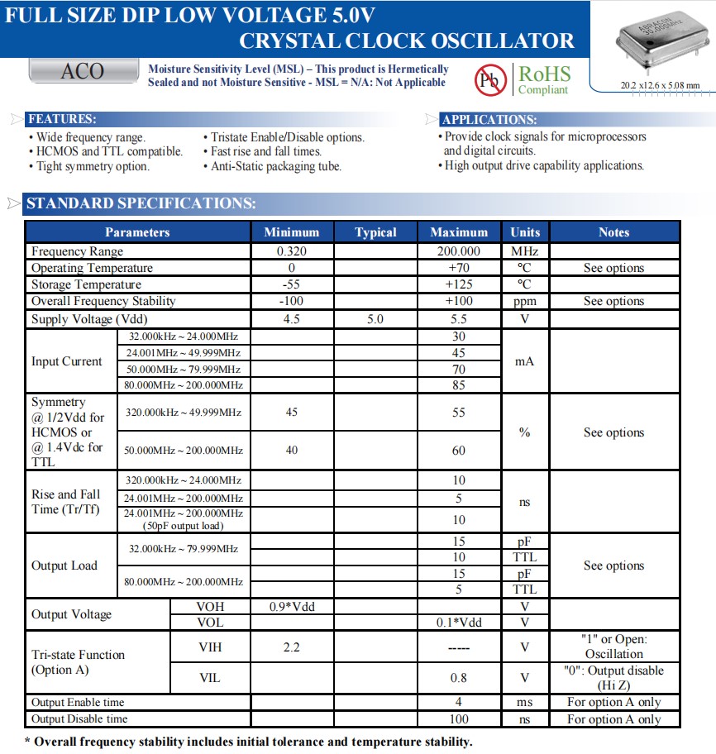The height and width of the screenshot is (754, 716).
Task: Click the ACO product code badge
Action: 83,72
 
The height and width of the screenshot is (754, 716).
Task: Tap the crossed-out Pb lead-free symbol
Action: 489,79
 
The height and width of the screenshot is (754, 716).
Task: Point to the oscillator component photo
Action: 659,41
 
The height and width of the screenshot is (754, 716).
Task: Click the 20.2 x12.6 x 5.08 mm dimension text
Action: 660,85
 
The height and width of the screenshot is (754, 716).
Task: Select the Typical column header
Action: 375,232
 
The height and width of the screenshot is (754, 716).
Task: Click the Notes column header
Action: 613,232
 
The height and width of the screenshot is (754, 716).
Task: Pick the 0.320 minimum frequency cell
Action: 291,251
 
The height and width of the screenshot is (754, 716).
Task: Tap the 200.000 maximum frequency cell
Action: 459,251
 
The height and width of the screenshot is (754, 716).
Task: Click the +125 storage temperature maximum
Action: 459,284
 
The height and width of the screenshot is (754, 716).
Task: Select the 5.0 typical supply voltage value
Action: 375,318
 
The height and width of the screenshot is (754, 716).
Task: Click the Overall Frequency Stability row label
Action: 103,301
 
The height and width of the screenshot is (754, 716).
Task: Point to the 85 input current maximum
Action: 459,384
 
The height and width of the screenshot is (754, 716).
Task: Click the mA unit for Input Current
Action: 524,361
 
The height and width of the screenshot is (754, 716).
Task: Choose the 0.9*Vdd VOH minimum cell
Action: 291,606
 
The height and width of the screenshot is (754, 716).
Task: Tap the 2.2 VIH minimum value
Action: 291,647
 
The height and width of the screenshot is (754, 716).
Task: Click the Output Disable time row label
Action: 79,719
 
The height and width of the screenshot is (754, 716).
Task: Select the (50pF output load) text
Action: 184,526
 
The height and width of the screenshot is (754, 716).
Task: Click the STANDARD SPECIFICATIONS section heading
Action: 141,203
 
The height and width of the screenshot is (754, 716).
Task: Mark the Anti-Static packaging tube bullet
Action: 272,166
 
